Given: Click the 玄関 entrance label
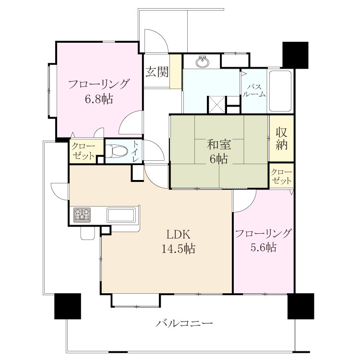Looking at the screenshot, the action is [x=157, y=72].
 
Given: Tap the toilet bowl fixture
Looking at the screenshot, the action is [x=117, y=151].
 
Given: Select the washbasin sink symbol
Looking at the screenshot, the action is [x=203, y=61].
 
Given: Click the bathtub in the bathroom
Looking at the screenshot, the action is [x=280, y=91].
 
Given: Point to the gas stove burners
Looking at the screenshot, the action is [x=82, y=215].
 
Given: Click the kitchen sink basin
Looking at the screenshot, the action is [x=121, y=215].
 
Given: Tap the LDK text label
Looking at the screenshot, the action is [x=178, y=235].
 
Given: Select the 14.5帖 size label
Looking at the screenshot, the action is [x=179, y=249].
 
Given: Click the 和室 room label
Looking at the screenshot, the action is [x=219, y=144].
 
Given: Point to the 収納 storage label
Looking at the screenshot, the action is [x=281, y=138].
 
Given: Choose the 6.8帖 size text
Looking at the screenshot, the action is [x=99, y=99].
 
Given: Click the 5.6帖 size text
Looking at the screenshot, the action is [x=264, y=247].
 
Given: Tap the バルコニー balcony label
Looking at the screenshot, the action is [x=184, y=324].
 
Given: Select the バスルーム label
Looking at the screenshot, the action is [x=254, y=91].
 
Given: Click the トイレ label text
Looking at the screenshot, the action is [x=136, y=151].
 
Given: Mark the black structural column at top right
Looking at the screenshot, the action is [x=295, y=55].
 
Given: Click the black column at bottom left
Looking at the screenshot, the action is [x=68, y=306].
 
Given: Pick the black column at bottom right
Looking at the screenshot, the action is [x=301, y=306].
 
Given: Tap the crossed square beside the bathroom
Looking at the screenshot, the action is [x=216, y=105].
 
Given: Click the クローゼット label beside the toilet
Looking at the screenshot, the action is [x=83, y=151].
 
